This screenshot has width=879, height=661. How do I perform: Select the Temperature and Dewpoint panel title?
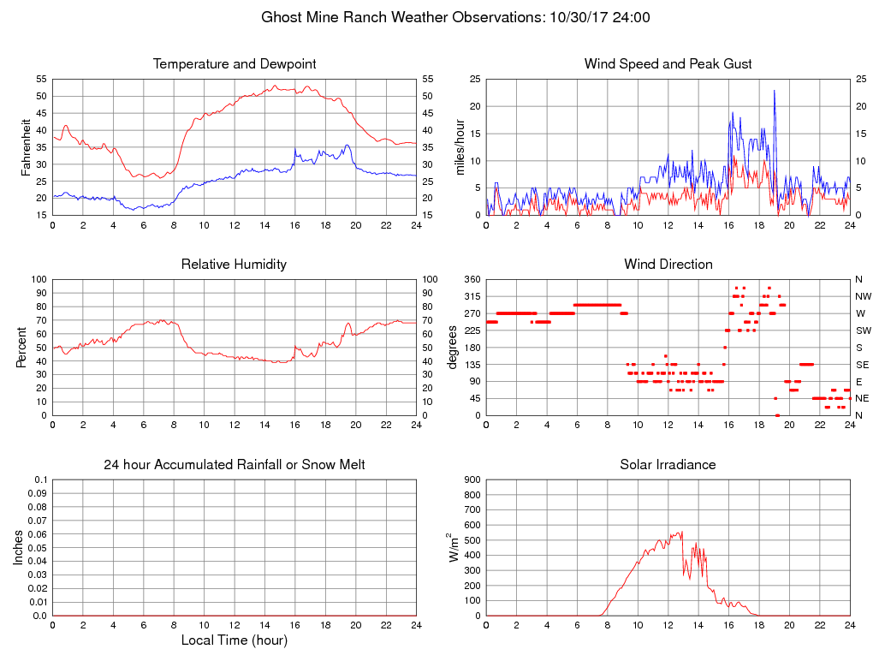[x=235, y=64]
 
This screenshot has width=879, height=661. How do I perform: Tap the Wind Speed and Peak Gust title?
[x=668, y=64]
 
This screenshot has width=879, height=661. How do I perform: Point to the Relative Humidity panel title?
[x=235, y=265]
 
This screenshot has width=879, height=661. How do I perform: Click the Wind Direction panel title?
[x=668, y=265]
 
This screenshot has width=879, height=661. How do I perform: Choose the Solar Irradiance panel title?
[x=668, y=465]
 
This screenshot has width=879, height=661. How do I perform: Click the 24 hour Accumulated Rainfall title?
[x=235, y=465]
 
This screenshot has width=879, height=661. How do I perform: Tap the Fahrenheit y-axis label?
[x=27, y=147]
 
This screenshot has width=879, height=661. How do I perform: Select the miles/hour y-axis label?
[x=460, y=147]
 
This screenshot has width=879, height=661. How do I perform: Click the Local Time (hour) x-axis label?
[x=235, y=640]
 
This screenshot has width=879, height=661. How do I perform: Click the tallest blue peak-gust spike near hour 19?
[x=775, y=91]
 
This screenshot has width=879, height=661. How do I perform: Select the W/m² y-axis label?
[x=454, y=547]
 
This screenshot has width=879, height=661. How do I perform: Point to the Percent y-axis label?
[x=21, y=348]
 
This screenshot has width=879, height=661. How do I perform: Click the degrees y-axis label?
[x=453, y=348]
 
